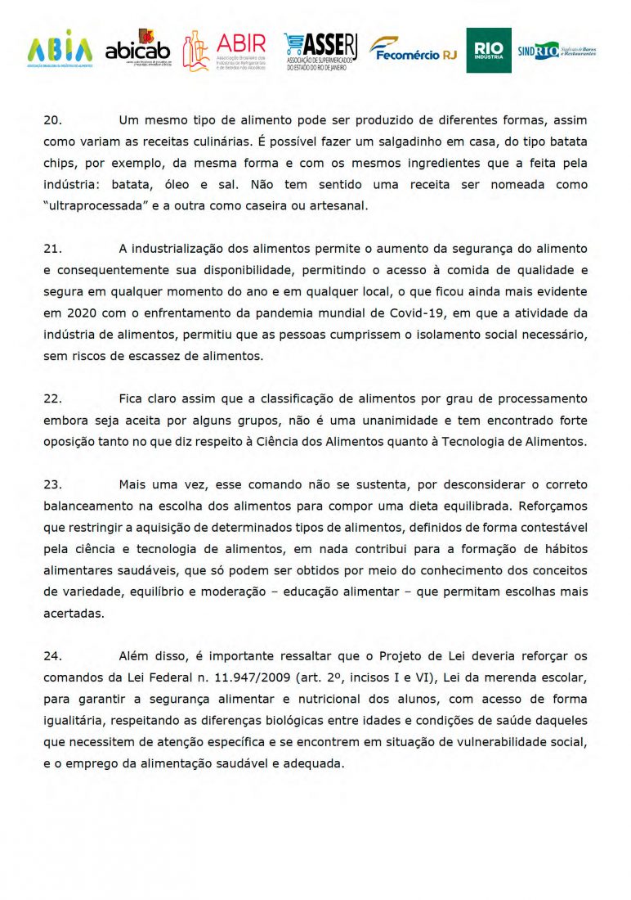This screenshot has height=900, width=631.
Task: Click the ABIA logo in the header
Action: coord(60,50)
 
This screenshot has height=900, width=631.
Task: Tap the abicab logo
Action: coord(137,50)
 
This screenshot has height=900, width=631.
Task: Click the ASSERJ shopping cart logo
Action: coord(320,52)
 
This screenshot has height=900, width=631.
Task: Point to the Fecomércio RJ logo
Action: coord(414,51)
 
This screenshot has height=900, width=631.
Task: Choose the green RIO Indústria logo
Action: coord(489,51)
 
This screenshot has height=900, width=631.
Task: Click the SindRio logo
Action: coord(557,51)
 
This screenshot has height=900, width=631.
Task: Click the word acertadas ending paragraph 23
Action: coord(74,613)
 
